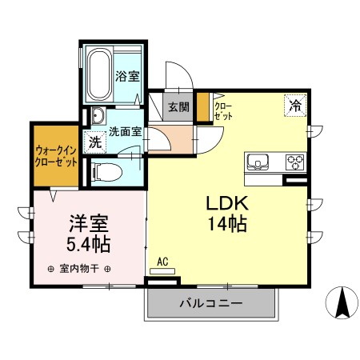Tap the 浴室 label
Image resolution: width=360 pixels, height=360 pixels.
click(x=127, y=77)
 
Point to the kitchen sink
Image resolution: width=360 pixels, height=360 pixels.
click(x=260, y=161)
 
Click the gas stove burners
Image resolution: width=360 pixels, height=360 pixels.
click(x=294, y=161)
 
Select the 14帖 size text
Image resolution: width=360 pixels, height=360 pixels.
click(x=225, y=223)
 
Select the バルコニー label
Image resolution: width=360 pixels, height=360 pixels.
click(x=210, y=304)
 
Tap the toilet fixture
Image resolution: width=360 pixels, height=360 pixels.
click(x=106, y=170)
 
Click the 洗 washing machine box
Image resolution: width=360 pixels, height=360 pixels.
click(x=95, y=144)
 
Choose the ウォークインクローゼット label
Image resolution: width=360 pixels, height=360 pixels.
click(x=56, y=155)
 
